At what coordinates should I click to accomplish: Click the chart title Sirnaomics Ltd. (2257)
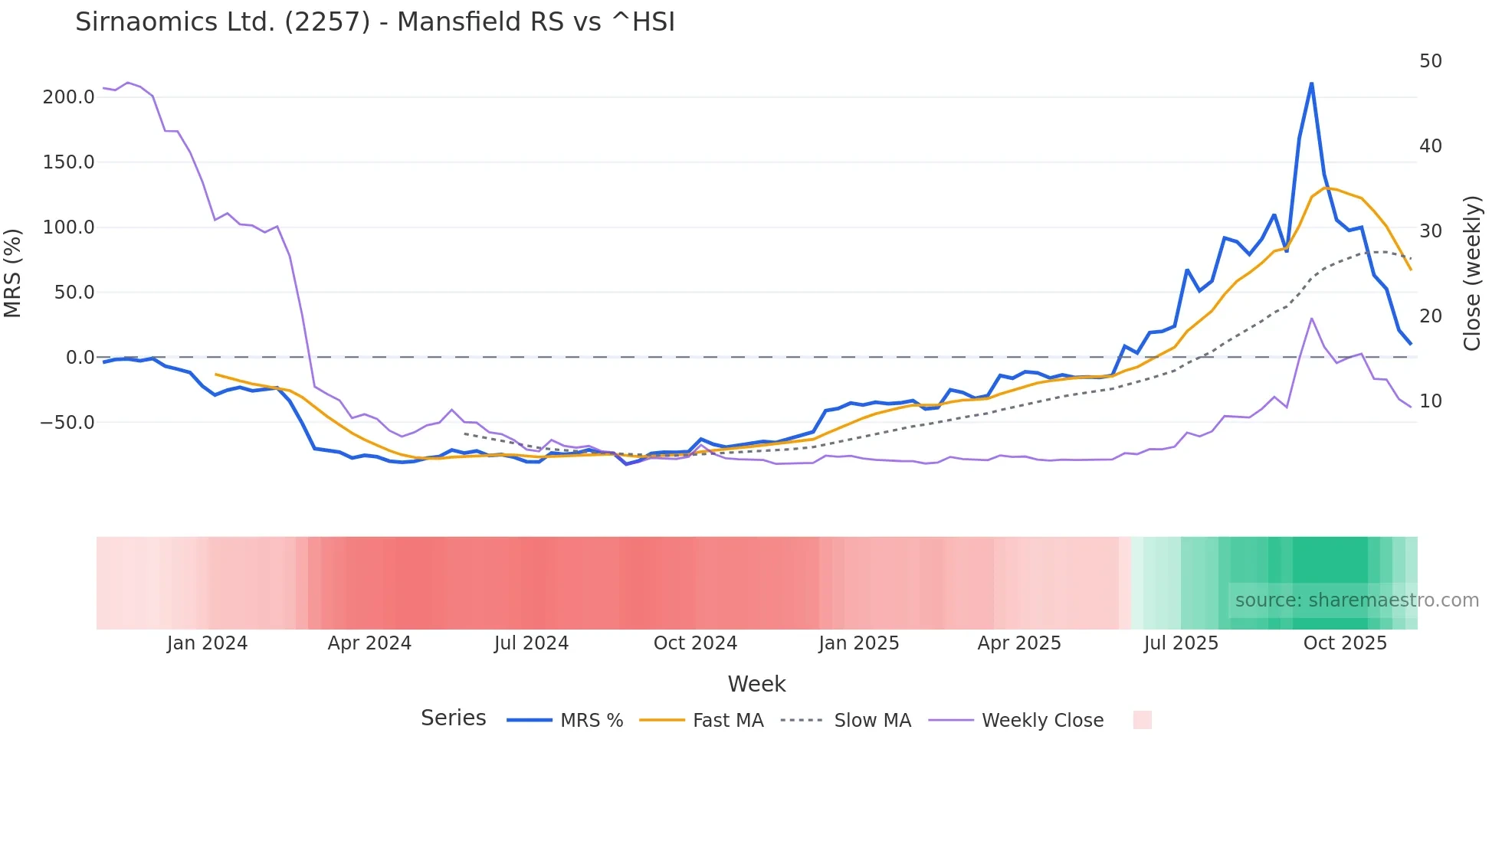point(375,22)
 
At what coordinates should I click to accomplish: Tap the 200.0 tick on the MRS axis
point(68,97)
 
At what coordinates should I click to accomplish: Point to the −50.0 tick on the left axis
point(67,423)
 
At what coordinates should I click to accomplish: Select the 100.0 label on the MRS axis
point(68,227)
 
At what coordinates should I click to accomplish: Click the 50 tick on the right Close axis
point(1430,61)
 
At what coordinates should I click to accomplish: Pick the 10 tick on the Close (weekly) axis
point(1430,401)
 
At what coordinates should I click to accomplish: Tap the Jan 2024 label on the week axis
point(207,643)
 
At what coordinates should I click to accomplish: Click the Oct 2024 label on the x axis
point(695,643)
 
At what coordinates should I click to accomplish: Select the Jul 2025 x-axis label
point(1181,643)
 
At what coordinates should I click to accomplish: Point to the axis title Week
point(756,684)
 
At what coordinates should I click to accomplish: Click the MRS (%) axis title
point(13,273)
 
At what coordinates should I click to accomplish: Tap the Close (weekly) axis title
point(1472,273)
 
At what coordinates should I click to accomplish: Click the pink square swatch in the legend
point(1142,720)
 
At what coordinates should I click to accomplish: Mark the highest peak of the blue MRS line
point(1311,83)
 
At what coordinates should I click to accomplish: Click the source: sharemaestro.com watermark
point(1356,600)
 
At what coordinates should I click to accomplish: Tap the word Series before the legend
point(453,718)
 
